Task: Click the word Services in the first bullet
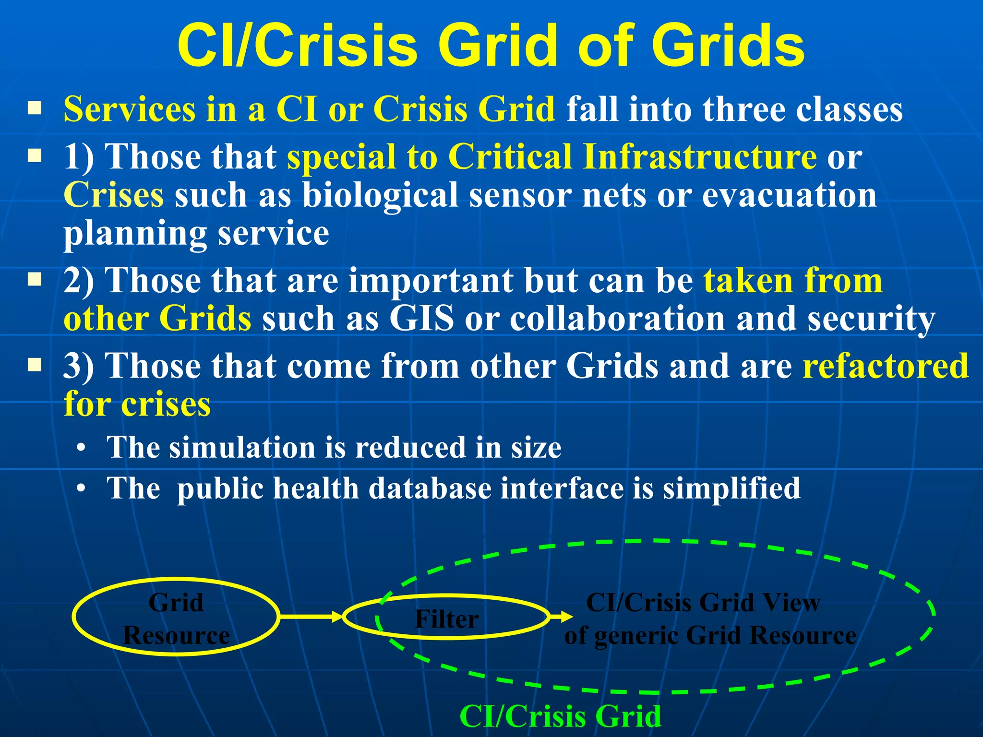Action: coord(130,109)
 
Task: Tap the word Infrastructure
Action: coord(700,156)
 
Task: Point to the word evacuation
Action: coord(790,195)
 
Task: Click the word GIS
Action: coord(421,319)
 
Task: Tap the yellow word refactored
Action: coord(886,366)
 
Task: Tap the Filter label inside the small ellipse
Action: coord(446,618)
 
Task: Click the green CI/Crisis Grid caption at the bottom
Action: coord(560,716)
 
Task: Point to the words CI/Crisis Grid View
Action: coord(703,603)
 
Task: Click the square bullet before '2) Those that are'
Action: coord(35,279)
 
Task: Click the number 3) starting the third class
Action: coord(79,366)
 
